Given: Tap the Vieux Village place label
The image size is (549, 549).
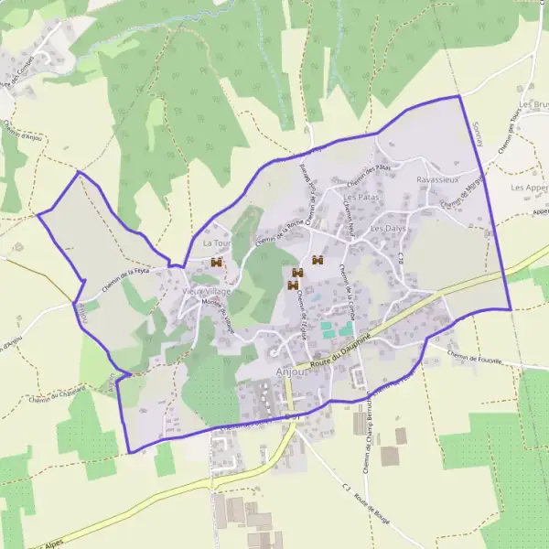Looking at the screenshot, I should [207, 290].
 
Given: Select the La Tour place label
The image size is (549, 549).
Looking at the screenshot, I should [215, 243].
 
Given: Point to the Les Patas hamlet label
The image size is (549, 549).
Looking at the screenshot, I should [361, 197].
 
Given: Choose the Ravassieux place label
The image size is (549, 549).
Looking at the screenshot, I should [436, 180].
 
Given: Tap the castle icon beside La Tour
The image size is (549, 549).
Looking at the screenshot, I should [217, 263].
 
